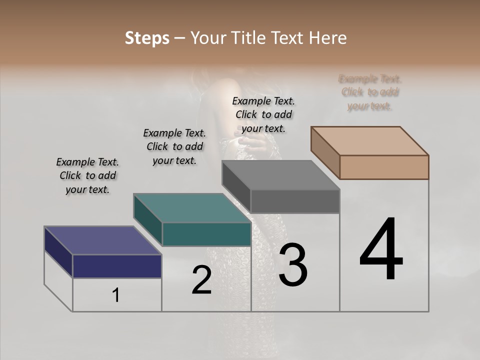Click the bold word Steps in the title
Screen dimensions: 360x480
click(147, 38)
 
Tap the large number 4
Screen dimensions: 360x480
click(381, 249)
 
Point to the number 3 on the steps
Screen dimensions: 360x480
click(293, 265)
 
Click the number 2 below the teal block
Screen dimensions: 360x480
click(201, 280)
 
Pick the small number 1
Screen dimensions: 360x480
click(116, 295)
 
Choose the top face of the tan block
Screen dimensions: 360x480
click(369, 140)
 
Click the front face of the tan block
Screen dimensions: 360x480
click(384, 167)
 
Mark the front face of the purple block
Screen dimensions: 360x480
click(117, 266)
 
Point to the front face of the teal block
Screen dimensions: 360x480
click(206, 234)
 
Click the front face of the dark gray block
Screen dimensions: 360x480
click(295, 201)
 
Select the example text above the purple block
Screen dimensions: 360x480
click(87, 175)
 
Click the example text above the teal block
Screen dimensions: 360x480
click(174, 146)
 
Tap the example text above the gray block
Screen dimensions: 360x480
click(263, 114)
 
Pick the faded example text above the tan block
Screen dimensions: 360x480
click(370, 92)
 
